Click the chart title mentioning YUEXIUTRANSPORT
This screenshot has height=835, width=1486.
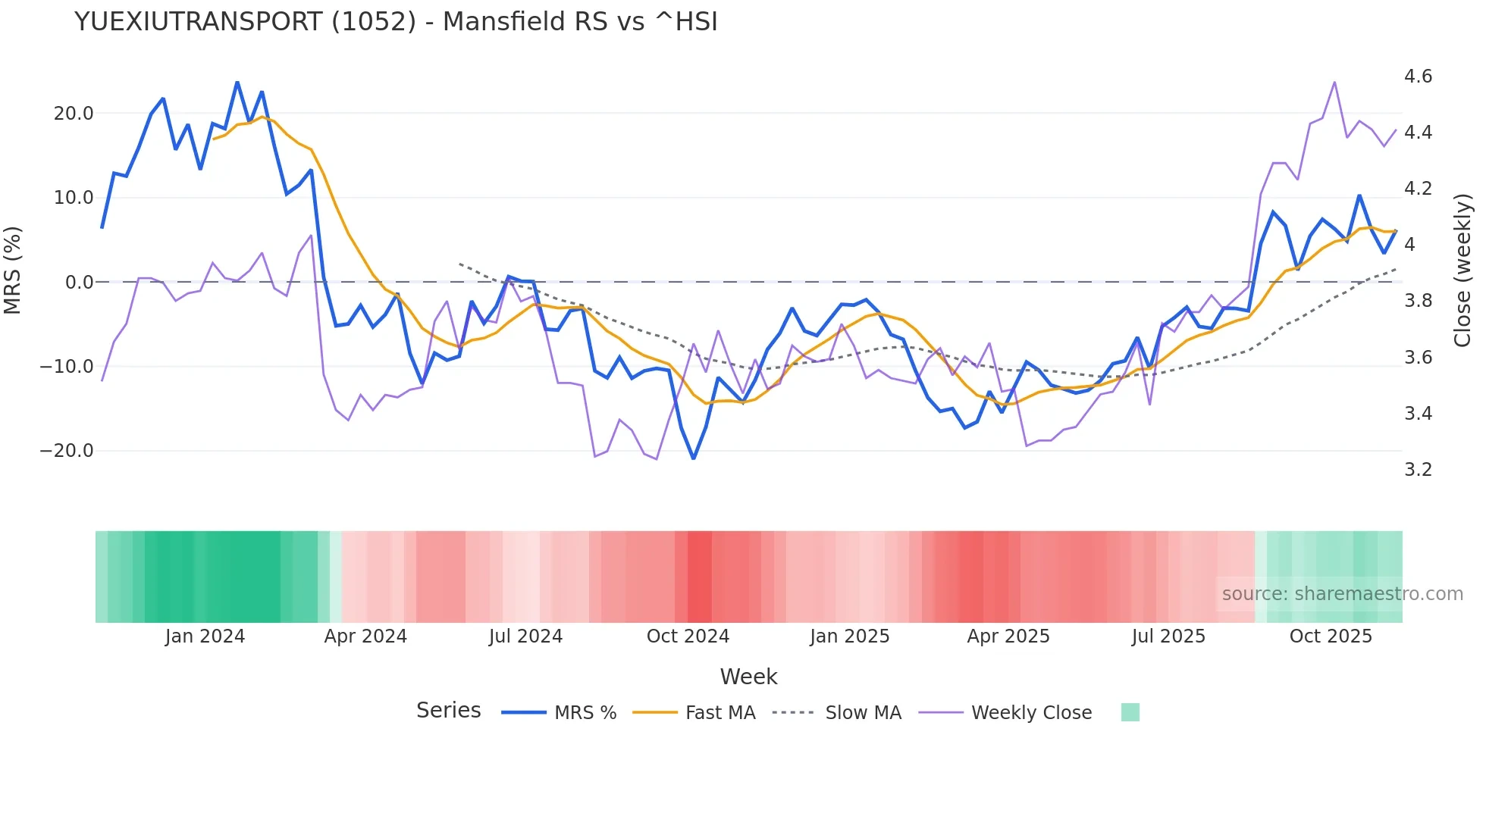point(396,22)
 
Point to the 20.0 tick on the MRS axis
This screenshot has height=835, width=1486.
point(74,114)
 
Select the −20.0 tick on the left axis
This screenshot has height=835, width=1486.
point(67,451)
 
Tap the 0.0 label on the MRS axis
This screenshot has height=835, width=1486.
point(79,283)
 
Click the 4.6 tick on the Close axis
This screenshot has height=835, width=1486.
point(1418,77)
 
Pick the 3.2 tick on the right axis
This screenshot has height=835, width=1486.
point(1418,470)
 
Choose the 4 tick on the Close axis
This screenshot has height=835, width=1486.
point(1409,245)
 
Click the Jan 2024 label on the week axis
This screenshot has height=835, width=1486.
point(205,636)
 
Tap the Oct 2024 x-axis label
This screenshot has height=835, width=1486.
point(688,636)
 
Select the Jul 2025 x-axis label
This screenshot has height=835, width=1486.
point(1168,636)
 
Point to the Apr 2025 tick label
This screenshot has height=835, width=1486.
point(1008,636)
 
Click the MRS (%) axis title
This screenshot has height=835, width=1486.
point(13,271)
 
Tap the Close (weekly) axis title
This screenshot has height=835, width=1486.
point(1462,271)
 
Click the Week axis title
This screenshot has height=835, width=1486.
point(748,677)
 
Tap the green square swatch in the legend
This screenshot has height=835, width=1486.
point(1130,712)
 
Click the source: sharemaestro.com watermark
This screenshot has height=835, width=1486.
point(1342,594)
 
